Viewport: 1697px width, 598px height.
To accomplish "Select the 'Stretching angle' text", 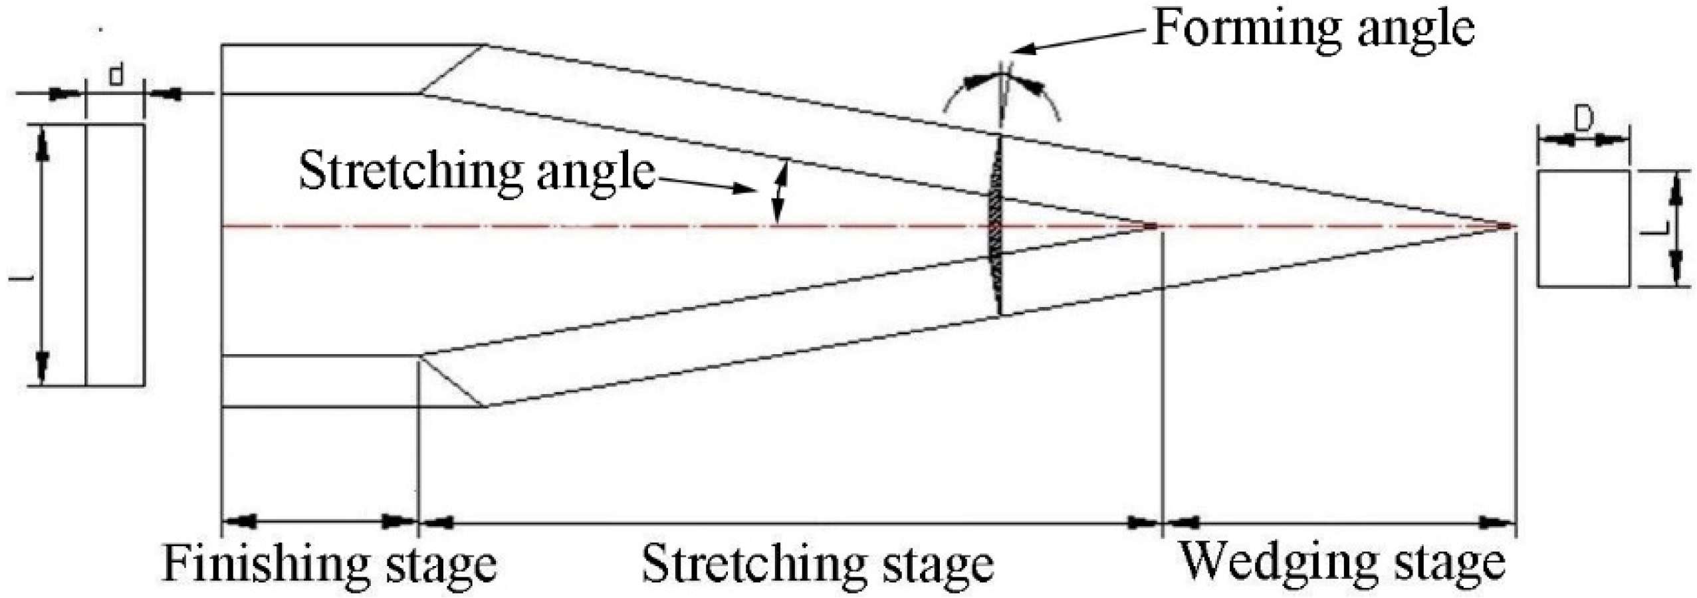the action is [x=477, y=171].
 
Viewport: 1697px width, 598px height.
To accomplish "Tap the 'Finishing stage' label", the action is [x=329, y=563].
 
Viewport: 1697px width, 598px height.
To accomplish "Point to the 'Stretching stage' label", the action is [x=817, y=563].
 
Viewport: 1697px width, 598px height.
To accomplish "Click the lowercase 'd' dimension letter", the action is [x=116, y=76].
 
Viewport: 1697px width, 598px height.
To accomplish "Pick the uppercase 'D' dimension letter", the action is [x=1583, y=120].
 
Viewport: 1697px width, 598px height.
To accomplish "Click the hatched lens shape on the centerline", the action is [x=994, y=226].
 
